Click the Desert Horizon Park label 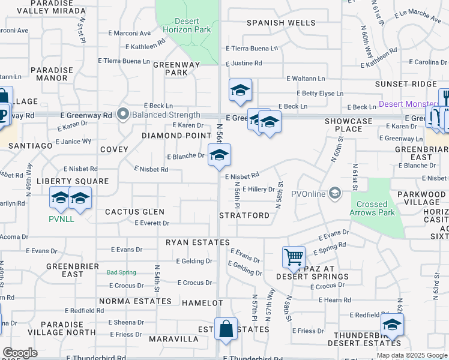(187, 25)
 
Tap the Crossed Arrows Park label (372, 208)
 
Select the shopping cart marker (294, 258)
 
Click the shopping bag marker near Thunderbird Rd (224, 329)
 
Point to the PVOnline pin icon (335, 193)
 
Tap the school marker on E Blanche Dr (219, 155)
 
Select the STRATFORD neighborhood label (244, 215)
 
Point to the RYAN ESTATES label (198, 242)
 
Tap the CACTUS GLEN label (134, 212)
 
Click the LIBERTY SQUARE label (73, 181)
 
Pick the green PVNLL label (61, 219)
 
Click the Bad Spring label (121, 272)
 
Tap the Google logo (20, 353)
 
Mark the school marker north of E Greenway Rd (240, 91)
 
